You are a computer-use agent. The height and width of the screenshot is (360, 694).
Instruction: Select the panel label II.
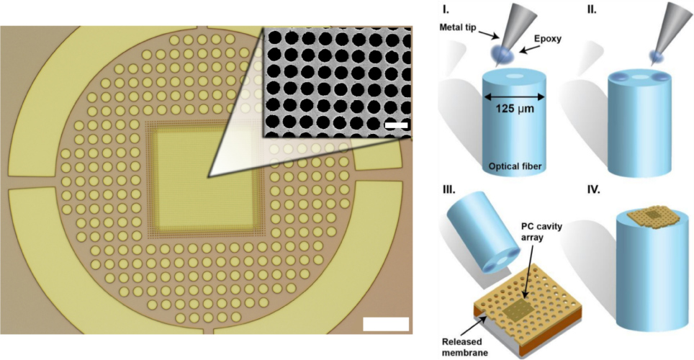pos(572,11)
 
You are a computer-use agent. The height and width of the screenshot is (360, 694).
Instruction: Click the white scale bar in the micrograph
pos(386,323)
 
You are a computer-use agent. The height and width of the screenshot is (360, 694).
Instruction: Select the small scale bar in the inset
pos(397,126)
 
